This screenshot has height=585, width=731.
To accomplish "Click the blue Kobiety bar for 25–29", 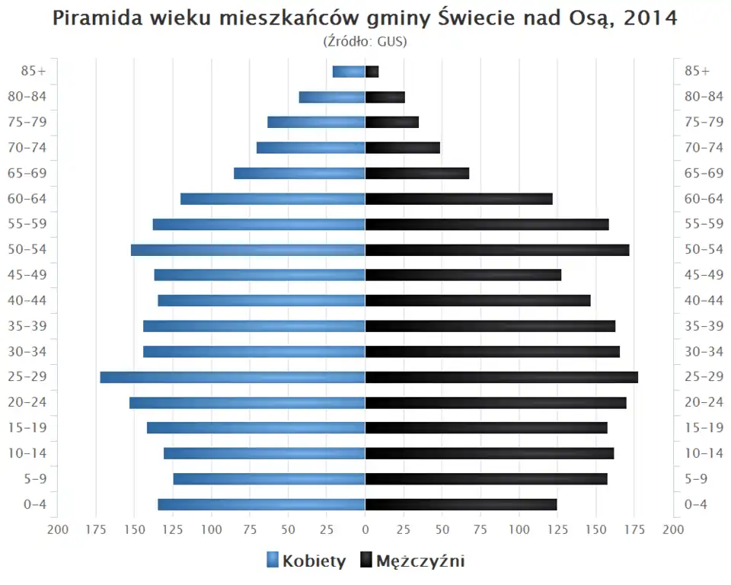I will pos(232,377).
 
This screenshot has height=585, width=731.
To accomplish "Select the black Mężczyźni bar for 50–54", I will pos(497,250).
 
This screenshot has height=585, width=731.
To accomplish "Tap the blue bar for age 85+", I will pos(349,72).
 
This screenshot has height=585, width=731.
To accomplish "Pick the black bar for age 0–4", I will pos(461,504).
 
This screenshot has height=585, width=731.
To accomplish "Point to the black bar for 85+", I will pos(372,72).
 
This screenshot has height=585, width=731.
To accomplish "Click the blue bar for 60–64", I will pos(273,199).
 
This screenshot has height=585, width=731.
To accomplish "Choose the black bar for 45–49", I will pos(463,275).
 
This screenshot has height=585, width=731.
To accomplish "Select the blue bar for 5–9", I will pos(269,479).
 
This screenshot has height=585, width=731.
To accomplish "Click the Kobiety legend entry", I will pos(306,561).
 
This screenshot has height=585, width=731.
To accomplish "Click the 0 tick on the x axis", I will pos(365,529).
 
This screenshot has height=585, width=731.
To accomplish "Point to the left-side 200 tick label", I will pos(58,529).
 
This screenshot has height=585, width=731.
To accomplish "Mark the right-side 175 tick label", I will pos(634,529).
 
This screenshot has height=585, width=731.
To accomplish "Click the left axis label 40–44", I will pos(27,300).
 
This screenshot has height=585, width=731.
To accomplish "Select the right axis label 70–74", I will pos(704,148).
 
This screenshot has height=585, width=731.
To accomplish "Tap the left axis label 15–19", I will pos(27,427).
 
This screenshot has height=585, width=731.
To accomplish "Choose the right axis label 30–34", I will pos(704,351).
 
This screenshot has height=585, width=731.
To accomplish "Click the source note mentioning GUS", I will pos(365,41).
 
